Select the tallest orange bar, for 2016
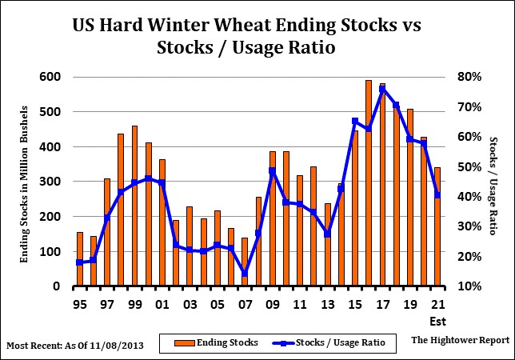coord(368,183)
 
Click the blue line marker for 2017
coord(382,89)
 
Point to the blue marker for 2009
coord(272,170)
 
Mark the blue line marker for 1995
coord(79,262)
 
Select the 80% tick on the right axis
coord(468,77)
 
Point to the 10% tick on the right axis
coord(468,286)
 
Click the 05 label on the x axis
coord(217,305)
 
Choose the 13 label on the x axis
coord(327,305)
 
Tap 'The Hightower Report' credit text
coord(460,340)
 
